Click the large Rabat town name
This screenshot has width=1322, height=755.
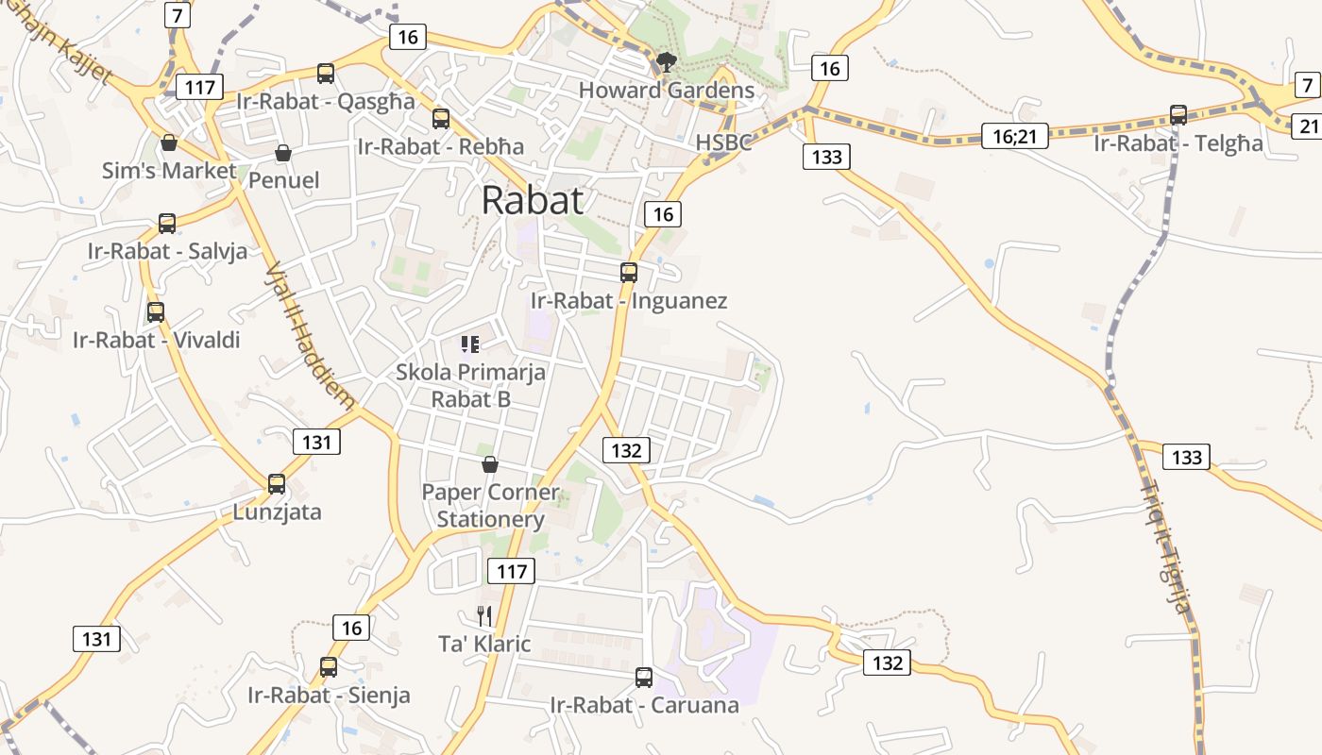[532, 200]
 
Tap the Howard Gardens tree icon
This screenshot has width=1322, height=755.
[667, 63]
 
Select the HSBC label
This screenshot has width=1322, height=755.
[723, 143]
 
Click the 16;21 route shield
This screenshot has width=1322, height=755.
[1014, 137]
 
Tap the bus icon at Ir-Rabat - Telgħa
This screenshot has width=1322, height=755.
[1178, 115]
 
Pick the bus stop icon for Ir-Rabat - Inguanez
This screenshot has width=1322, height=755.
[629, 273]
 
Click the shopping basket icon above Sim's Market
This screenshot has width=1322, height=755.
[169, 143]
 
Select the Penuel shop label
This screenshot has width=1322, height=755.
[283, 180]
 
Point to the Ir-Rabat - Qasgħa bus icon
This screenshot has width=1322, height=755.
[326, 74]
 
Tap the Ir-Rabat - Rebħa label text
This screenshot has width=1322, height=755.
[440, 146]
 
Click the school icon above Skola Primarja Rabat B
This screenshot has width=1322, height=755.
[470, 344]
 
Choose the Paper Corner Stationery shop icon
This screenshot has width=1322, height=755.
[490, 464]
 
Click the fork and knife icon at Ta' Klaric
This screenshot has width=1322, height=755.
[484, 616]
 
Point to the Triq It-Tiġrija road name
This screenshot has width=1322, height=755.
[1167, 547]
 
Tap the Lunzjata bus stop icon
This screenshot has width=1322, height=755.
[277, 484]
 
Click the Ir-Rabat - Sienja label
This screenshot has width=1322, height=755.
[329, 696]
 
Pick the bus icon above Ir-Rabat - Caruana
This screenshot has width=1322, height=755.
[644, 678]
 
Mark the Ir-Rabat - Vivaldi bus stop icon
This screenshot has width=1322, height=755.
[156, 312]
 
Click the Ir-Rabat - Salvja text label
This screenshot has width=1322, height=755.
[167, 251]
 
